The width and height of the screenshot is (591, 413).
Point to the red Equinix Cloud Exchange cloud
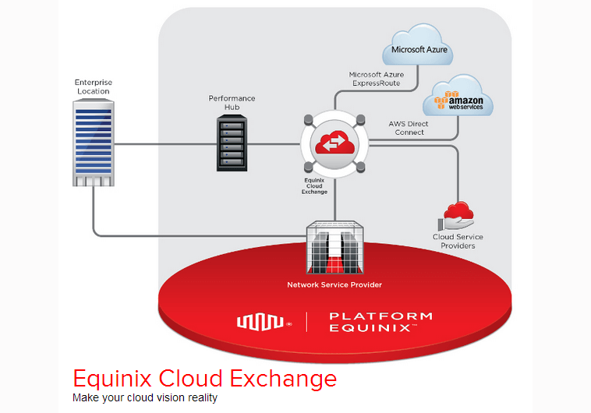[334, 145]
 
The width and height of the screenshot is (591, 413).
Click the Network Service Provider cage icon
[334, 247]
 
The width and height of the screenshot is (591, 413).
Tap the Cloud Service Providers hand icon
[457, 216]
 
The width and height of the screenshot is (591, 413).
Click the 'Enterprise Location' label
[92, 86]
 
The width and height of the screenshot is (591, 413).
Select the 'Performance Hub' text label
[232, 103]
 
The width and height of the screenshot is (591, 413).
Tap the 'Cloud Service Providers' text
[458, 242]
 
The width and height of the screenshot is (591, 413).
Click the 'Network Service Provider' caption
[334, 285]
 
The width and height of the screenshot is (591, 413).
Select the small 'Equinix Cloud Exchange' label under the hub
[316, 185]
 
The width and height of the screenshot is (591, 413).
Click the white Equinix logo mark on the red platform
[263, 320]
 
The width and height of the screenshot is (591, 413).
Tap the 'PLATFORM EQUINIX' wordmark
[380, 321]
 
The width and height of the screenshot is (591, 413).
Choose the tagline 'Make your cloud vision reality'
[145, 398]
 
